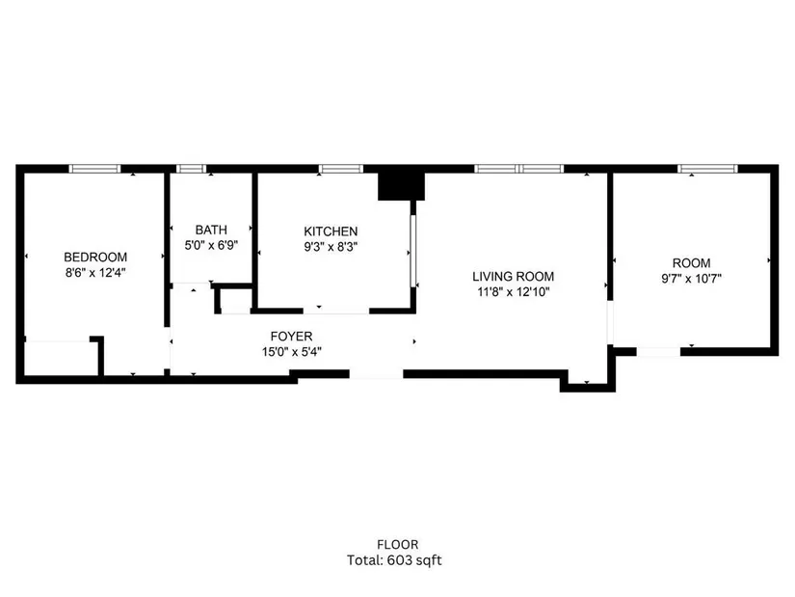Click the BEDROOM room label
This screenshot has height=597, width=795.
click(x=95, y=257)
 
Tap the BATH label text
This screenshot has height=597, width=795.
click(x=211, y=230)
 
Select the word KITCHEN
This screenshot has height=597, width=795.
click(x=331, y=231)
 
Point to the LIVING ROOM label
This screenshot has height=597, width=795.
click(x=513, y=277)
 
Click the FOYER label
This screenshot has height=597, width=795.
click(x=292, y=336)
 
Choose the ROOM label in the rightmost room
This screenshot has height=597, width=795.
click(x=691, y=263)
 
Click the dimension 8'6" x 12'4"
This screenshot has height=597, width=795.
click(x=95, y=273)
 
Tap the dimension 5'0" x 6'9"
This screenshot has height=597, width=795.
click(x=211, y=246)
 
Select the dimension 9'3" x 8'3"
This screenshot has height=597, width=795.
click(x=331, y=247)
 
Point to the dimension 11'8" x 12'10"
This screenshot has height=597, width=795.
click(x=513, y=292)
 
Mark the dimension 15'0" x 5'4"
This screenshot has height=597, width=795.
click(x=292, y=352)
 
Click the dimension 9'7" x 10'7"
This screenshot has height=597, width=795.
click(x=691, y=279)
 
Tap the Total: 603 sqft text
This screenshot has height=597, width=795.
click(x=394, y=560)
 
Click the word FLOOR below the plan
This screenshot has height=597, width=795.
click(x=397, y=545)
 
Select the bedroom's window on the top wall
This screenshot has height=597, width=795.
click(x=94, y=169)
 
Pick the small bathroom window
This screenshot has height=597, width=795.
click(x=191, y=169)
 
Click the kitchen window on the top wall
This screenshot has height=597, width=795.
click(x=341, y=169)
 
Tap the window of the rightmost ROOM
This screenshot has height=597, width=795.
click(x=708, y=169)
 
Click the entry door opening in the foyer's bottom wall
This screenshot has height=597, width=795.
click(x=376, y=374)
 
